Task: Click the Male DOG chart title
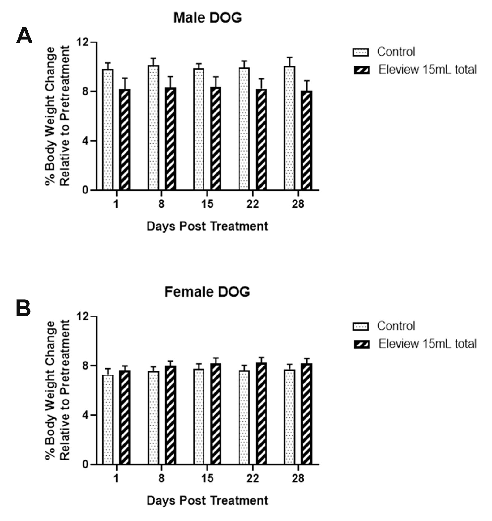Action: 207,18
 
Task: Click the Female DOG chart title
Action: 207,292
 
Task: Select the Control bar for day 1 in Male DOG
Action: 108,130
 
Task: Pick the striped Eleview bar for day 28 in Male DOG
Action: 307,141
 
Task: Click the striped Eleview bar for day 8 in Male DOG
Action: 170,139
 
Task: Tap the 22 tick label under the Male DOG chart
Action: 252,204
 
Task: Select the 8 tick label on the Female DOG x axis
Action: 161,478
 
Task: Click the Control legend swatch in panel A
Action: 361,52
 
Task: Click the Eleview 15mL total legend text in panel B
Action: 427,344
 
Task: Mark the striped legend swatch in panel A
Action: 361,70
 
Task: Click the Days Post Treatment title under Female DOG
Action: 207,500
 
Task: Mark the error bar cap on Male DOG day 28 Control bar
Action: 289,57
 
